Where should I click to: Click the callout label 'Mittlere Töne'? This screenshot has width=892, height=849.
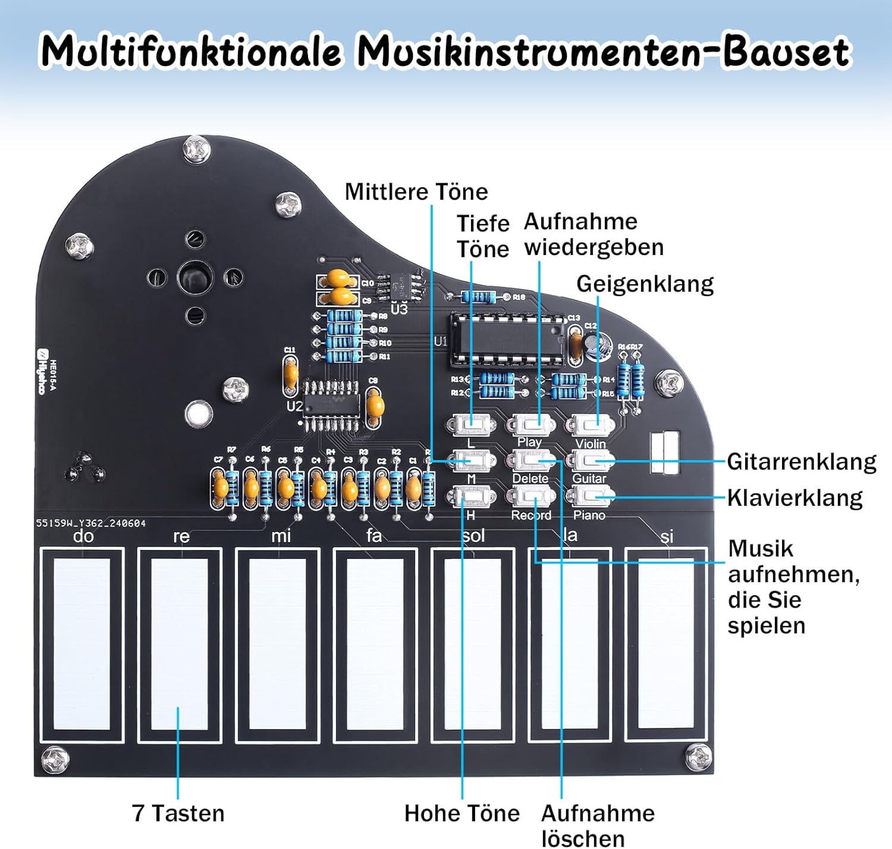[416, 192]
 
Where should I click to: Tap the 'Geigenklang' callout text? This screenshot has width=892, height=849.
[645, 284]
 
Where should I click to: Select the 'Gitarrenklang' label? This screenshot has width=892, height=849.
[801, 461]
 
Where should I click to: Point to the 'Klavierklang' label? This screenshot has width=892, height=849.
[794, 498]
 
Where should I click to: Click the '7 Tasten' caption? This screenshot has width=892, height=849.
[178, 813]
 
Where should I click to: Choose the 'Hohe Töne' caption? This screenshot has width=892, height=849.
[461, 813]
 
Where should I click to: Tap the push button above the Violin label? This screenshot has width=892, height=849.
[590, 425]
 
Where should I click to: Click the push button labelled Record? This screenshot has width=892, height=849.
[530, 495]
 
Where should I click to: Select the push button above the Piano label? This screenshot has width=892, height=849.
[590, 495]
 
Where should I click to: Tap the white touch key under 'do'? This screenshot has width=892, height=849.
[82, 643]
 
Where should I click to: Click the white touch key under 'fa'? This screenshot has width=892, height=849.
[375, 643]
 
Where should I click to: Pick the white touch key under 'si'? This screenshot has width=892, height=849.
[666, 643]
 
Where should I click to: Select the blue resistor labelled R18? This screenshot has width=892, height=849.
[479, 297]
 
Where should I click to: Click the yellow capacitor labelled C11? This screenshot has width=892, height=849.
[290, 374]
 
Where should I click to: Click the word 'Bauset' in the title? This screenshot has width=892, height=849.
[786, 51]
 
